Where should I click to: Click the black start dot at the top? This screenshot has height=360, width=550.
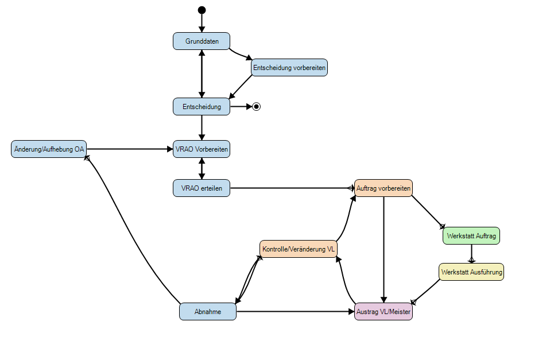pos(202,10)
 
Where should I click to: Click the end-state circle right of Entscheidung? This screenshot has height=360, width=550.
pos(257,106)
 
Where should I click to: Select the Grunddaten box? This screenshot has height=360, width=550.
pos(202,41)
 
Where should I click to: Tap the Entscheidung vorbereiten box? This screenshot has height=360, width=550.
pos(289,68)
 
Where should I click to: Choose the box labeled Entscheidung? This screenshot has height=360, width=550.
pos(202,106)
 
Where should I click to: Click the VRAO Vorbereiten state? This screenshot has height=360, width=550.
pos(202,149)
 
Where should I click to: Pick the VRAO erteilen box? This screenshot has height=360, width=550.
pos(202,188)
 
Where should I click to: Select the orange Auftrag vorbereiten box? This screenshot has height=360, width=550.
pos(383,188)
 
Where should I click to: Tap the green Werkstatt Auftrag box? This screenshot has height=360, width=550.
pos(471,236)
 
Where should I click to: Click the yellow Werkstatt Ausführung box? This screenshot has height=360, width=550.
pos(471,272)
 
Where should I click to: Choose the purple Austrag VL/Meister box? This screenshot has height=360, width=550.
pos(384,311)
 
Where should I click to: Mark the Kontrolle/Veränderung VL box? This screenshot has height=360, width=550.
pos(299,249)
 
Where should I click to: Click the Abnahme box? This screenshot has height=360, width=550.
pos(207,311)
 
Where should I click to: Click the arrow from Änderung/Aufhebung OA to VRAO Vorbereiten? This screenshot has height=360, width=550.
pos(129,149)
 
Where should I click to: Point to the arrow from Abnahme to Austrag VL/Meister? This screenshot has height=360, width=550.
pos(296,311)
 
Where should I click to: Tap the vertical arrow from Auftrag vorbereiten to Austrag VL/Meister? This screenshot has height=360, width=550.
pos(384,247)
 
